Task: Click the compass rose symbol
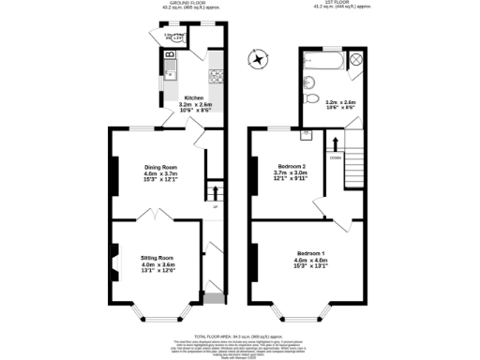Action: click(255, 61)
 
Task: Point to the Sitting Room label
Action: click(157, 262)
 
